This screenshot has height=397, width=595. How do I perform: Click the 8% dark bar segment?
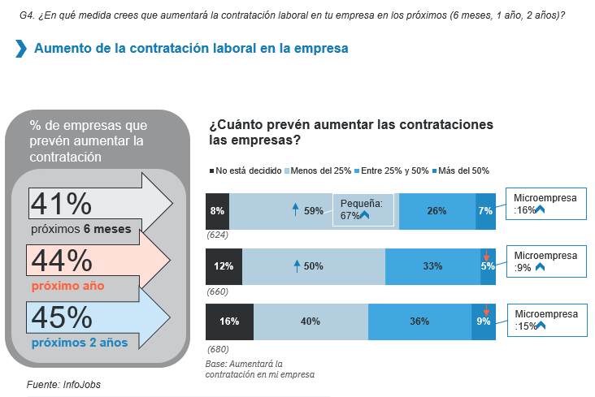point(217,210)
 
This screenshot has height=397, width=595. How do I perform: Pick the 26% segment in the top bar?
point(436,210)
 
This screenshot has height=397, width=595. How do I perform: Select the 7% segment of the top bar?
point(485,210)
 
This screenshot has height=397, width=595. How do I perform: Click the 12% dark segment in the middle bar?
point(224,265)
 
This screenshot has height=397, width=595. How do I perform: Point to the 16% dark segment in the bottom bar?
point(229,321)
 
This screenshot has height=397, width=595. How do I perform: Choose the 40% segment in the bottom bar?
point(311,321)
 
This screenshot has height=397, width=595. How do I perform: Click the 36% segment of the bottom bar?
point(419,321)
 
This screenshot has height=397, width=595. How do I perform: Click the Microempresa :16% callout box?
point(546,204)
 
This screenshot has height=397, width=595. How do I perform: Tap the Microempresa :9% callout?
point(546,261)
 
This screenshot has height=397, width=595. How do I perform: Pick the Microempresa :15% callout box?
point(546,320)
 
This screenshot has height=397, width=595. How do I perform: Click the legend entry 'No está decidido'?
point(244,170)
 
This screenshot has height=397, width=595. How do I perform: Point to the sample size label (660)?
point(217,291)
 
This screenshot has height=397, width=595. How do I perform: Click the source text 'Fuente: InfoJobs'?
point(64,383)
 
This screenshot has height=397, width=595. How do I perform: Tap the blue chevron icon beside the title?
point(20,49)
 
